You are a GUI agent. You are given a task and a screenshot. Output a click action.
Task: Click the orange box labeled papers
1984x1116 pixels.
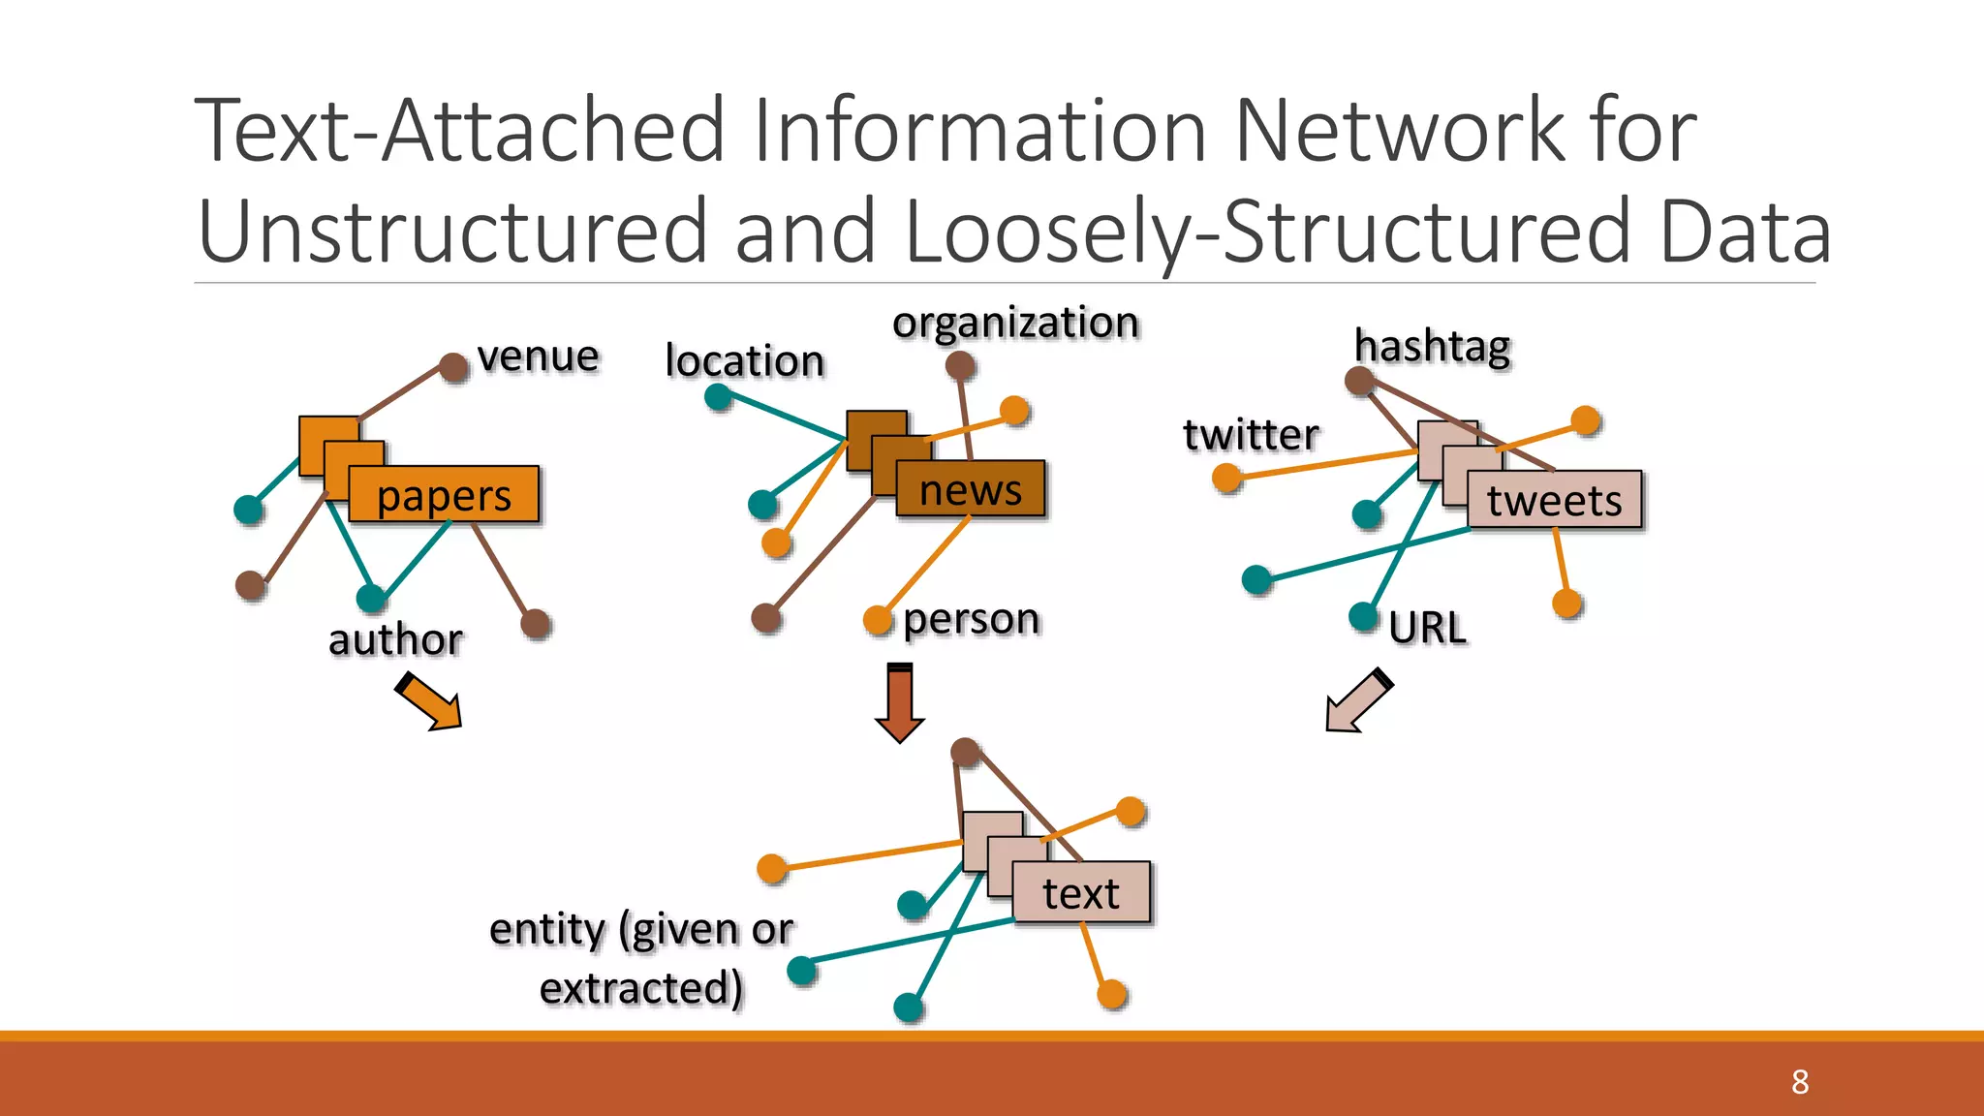point(443,495)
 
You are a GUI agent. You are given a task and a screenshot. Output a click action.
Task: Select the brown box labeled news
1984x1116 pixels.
point(970,489)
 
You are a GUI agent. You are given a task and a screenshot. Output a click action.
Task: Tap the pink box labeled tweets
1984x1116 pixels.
point(1554,500)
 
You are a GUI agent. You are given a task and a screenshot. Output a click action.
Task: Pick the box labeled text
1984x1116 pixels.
point(1080,892)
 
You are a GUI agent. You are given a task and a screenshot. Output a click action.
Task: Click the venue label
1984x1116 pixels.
point(538,356)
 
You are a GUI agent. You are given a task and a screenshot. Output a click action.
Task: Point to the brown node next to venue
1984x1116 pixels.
point(453,367)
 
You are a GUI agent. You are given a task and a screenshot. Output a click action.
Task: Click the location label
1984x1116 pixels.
point(744,360)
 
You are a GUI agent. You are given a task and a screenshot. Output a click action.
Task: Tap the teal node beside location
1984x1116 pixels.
point(718,396)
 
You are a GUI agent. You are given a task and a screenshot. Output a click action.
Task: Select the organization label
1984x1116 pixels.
point(1014,323)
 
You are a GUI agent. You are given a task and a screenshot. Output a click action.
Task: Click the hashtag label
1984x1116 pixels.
point(1432,346)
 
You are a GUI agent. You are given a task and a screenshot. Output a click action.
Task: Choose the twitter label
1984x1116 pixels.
point(1251,434)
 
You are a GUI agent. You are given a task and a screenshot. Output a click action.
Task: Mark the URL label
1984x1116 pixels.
point(1426,628)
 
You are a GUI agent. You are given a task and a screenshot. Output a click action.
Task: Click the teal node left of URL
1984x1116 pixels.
point(1363,616)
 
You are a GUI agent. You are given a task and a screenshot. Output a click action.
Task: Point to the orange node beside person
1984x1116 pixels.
point(877,619)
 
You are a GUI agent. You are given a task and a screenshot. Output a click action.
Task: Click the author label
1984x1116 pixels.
point(395,639)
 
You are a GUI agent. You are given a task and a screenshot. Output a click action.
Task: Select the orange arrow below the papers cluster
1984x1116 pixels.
point(429,702)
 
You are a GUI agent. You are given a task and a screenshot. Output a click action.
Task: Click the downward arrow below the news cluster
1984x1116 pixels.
point(900,703)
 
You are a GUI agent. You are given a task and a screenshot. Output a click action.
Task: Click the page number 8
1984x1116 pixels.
point(1799,1081)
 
